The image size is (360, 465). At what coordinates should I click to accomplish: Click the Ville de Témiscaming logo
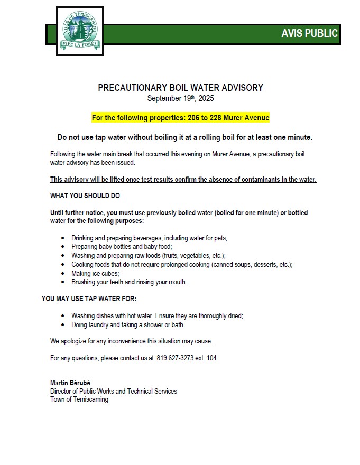(79, 31)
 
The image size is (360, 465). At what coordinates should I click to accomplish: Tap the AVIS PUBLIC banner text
(309, 33)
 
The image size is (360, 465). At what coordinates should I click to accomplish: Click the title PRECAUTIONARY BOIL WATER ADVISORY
(180, 88)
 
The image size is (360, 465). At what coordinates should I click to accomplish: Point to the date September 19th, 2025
(180, 98)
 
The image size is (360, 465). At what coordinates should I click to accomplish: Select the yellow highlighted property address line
(180, 118)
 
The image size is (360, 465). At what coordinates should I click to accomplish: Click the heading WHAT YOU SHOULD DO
(85, 196)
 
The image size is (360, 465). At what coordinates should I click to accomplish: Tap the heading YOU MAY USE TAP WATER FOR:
(89, 299)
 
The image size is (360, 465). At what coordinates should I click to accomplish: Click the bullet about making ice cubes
(95, 273)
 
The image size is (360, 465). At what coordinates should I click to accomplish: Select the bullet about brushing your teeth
(129, 282)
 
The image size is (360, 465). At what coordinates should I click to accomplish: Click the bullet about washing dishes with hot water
(157, 316)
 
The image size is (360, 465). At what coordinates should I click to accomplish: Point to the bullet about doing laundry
(128, 324)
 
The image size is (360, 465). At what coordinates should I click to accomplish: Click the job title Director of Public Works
(114, 391)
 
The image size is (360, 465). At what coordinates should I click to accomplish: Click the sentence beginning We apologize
(131, 341)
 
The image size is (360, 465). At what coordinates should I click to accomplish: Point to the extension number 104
(211, 358)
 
